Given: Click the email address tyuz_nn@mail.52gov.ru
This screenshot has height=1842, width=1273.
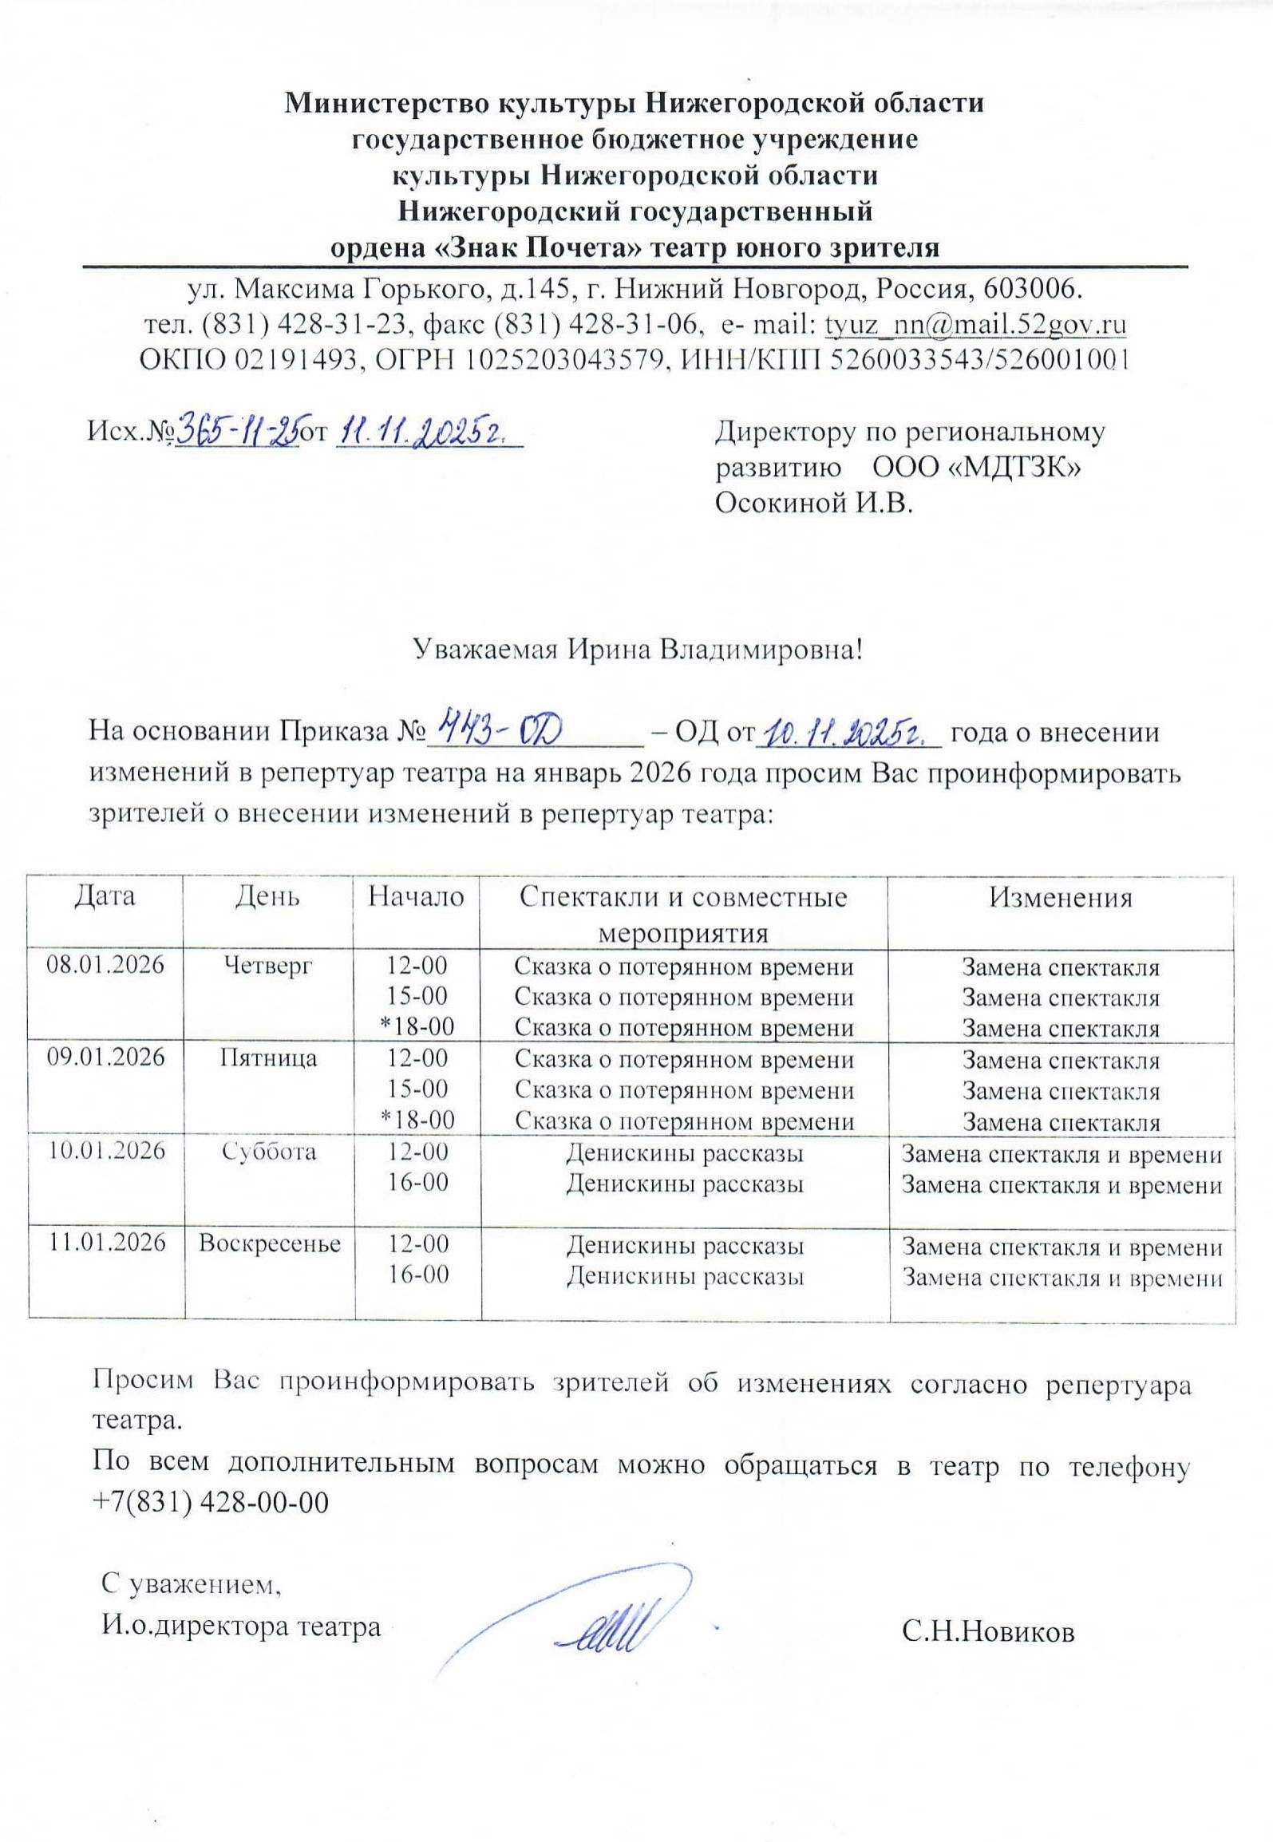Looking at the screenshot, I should click(x=975, y=326).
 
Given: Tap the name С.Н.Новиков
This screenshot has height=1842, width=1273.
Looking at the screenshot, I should click(x=989, y=1631).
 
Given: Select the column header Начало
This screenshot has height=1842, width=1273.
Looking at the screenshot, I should click(x=416, y=897).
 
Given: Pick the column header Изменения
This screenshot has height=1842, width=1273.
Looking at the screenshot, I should click(x=1061, y=898).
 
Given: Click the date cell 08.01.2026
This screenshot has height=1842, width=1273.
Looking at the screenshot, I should click(x=105, y=965).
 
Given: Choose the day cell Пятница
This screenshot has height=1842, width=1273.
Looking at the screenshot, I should click(x=269, y=1058).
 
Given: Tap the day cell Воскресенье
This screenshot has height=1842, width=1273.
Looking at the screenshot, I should click(x=270, y=1243).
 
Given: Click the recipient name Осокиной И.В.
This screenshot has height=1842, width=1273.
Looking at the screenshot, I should click(x=813, y=504).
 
